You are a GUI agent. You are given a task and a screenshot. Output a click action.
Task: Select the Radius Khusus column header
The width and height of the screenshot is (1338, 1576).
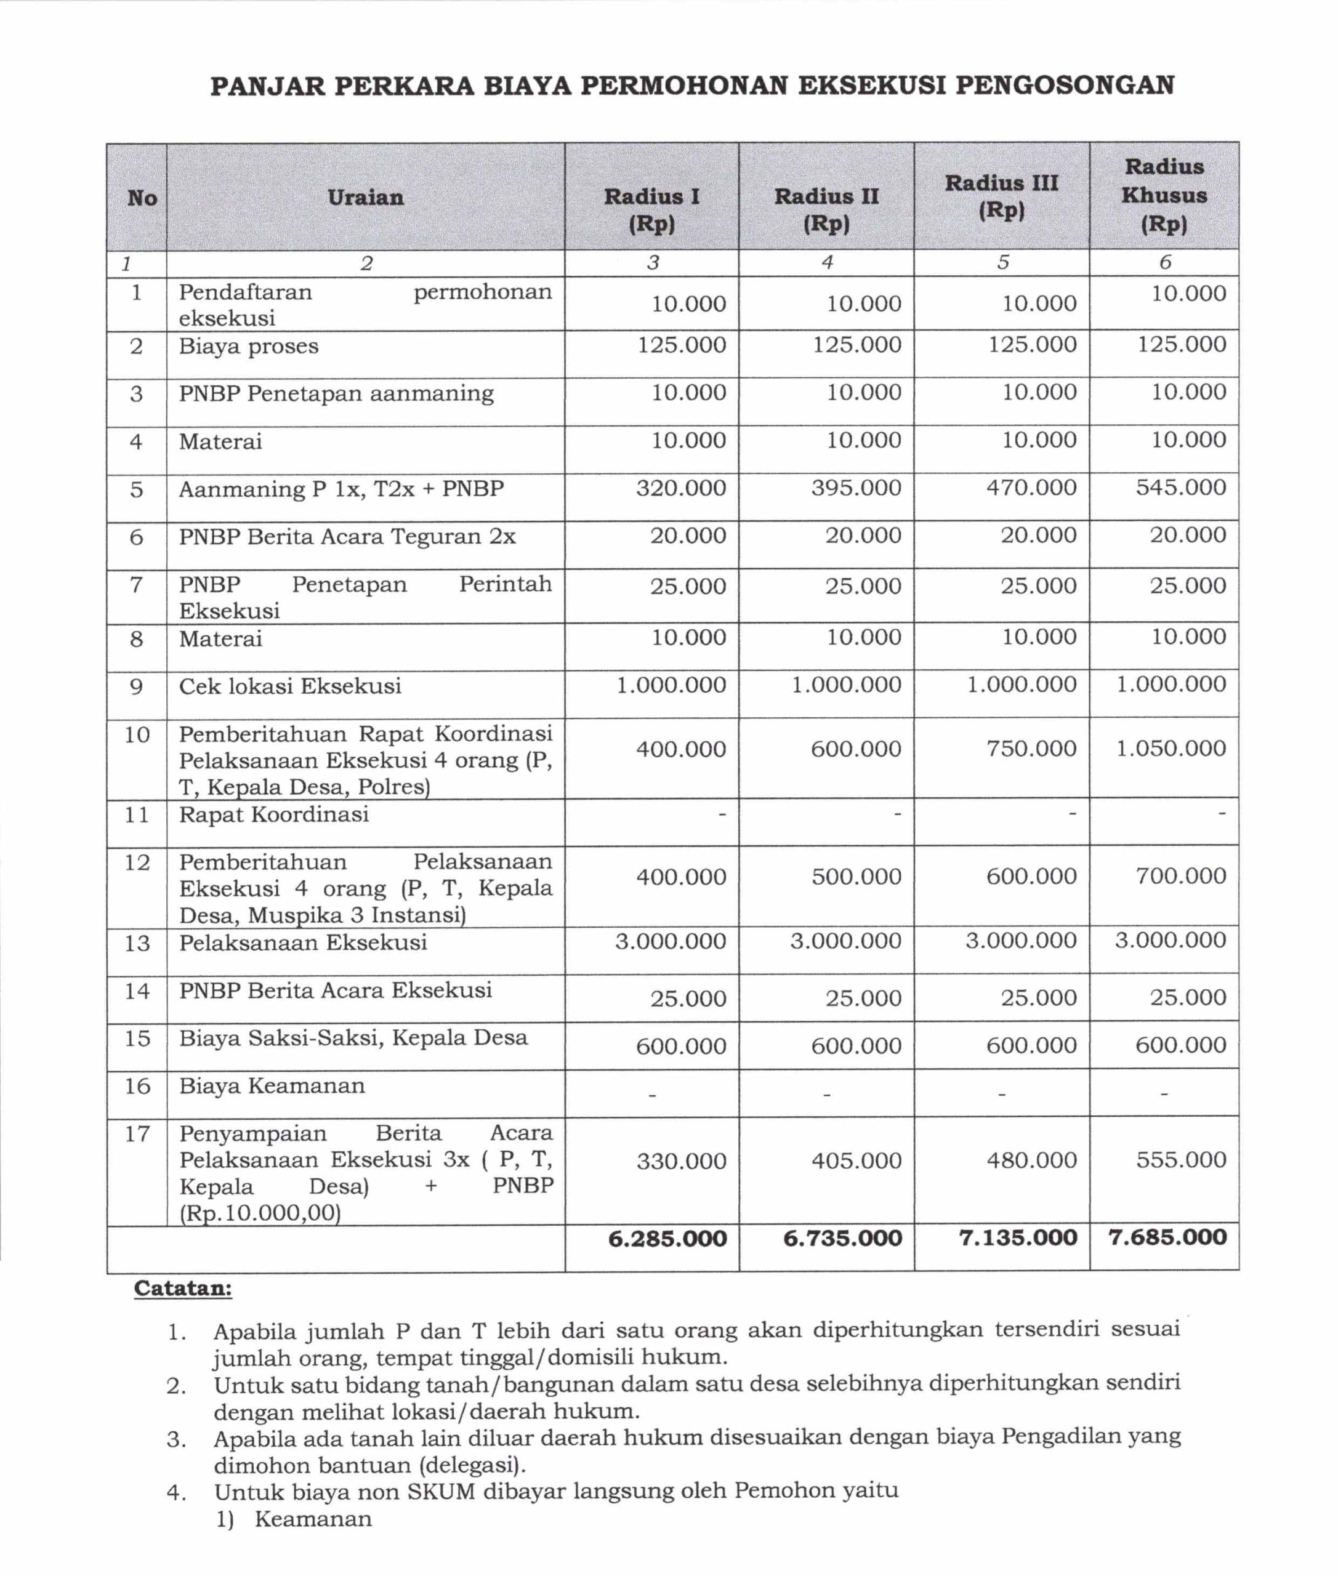tap(1164, 195)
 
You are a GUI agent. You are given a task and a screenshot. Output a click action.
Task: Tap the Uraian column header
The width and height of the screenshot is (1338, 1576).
tap(366, 198)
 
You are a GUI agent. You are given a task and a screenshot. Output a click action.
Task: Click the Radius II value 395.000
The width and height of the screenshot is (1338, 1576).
tap(856, 488)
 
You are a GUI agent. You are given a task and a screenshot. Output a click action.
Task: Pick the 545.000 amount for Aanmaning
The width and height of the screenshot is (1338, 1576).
tap(1180, 488)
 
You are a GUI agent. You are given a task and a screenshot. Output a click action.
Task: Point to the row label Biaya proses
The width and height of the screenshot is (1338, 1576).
tap(249, 347)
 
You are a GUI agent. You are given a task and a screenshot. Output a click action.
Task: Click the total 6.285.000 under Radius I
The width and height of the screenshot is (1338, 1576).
tap(667, 1239)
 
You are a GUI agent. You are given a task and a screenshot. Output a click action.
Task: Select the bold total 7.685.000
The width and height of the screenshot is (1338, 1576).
tap(1167, 1237)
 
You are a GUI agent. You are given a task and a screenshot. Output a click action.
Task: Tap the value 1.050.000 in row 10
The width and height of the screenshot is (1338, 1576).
tap(1171, 749)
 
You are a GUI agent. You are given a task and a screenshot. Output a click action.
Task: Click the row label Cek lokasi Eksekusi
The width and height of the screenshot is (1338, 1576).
tap(290, 686)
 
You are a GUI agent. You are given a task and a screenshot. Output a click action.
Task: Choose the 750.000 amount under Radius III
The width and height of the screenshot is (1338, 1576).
tap(1031, 749)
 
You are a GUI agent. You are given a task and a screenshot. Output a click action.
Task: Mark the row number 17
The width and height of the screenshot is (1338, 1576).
tap(137, 1134)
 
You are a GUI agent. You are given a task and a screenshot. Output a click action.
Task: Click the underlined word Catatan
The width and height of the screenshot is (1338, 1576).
tap(183, 1289)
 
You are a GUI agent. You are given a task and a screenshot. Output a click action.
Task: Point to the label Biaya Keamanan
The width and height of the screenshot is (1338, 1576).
tap(272, 1086)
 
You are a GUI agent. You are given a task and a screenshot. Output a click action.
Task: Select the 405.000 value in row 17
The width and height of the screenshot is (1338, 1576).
tap(856, 1160)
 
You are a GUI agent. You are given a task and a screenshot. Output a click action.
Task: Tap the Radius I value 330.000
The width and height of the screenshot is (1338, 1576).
tap(681, 1161)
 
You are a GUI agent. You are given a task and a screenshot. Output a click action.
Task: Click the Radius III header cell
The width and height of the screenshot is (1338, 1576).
tap(1001, 196)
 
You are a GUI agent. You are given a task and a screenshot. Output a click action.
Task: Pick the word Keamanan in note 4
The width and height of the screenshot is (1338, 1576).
tap(313, 1519)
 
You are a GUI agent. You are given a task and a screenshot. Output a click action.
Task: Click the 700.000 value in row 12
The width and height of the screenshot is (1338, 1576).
tap(1180, 876)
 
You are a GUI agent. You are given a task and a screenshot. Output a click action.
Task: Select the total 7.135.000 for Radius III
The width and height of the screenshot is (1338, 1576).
tap(1018, 1238)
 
